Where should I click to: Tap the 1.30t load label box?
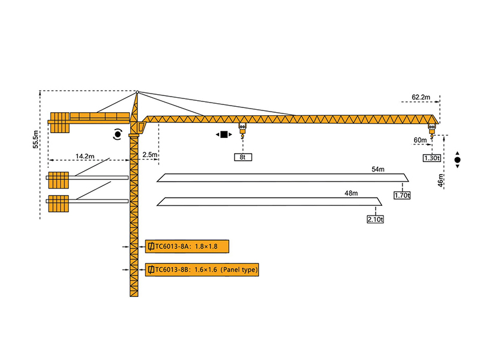tap(432, 158)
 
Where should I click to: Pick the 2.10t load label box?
tap(375, 219)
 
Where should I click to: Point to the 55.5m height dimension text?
tap(36, 139)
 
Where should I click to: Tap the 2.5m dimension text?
tap(149, 155)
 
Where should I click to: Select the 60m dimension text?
tap(420, 140)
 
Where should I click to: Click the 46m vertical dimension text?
tap(442, 179)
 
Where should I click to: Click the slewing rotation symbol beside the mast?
tap(118, 134)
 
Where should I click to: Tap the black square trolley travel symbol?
tap(224, 134)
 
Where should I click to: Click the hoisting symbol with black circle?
tap(457, 160)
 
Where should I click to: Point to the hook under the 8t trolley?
tap(243, 138)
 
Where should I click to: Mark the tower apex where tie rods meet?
tap(137, 92)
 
